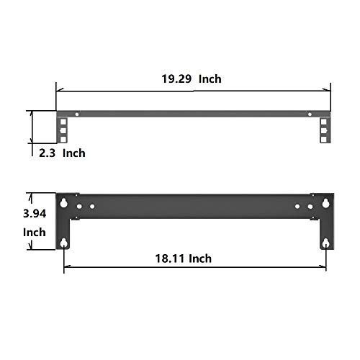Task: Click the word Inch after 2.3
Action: click(73, 153)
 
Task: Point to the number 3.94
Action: click(35, 214)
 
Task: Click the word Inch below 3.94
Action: click(34, 233)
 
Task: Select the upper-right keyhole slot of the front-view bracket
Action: click(325, 202)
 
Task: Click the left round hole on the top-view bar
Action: click(76, 114)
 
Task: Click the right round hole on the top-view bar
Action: click(310, 114)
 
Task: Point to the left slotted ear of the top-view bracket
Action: click(63, 130)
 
